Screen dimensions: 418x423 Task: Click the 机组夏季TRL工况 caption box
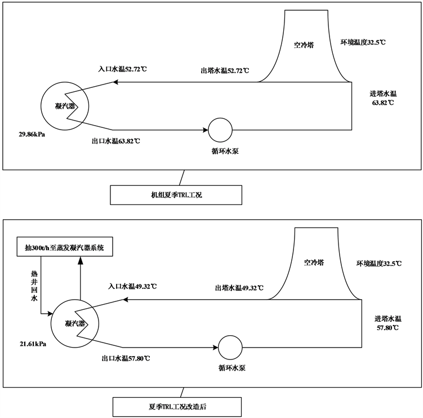coord(176,195)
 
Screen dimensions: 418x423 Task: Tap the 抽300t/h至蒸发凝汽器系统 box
coord(69,247)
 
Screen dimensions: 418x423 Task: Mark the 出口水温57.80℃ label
coord(126,358)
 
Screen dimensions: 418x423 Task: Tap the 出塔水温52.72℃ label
coord(225,71)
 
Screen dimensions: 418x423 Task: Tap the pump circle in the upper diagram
coord(220,131)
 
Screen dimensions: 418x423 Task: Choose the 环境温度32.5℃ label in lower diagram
coord(382,263)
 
